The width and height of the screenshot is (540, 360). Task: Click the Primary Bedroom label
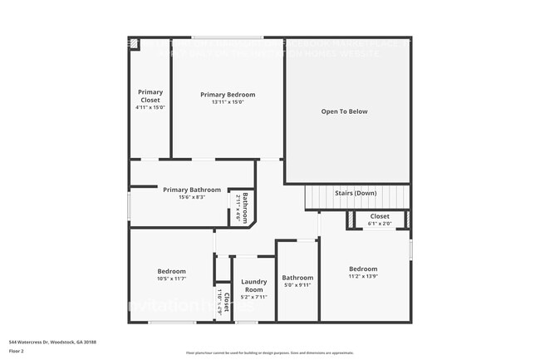[228, 95]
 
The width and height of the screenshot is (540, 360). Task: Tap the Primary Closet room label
[150, 96]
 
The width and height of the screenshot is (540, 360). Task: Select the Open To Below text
[345, 111]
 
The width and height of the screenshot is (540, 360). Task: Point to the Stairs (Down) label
[356, 193]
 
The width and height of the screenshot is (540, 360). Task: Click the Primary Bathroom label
[192, 190]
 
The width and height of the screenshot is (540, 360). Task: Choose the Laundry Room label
[253, 286]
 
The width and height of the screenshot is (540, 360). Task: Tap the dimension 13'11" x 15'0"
[228, 102]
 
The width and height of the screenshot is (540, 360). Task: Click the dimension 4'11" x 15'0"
[150, 107]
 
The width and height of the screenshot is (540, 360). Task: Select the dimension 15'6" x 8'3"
[190, 197]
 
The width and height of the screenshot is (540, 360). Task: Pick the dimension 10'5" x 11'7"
[172, 279]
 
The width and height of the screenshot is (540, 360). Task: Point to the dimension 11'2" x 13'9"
[363, 276]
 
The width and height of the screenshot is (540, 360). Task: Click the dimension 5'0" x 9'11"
[297, 285]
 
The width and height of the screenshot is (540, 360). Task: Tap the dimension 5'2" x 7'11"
[253, 297]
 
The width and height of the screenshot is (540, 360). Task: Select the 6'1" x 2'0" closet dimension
[379, 224]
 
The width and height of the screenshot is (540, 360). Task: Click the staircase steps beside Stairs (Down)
[320, 198]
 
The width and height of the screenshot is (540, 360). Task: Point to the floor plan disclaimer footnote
[269, 353]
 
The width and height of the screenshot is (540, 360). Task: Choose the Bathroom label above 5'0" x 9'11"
[297, 278]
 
